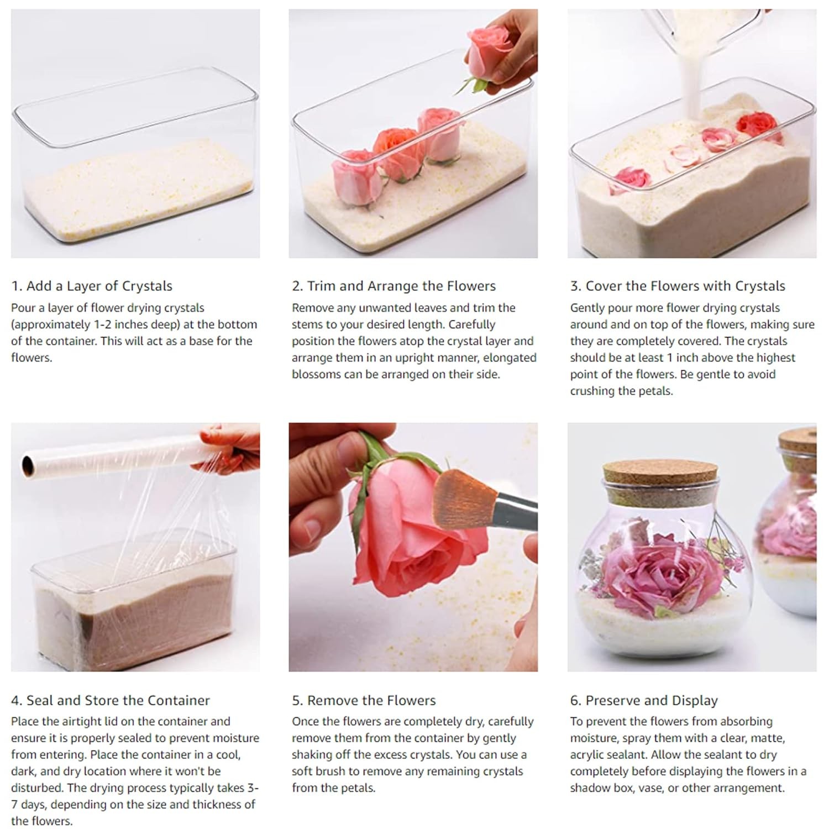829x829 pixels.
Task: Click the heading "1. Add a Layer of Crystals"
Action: [x=92, y=286]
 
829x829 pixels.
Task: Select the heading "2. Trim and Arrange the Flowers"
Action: [x=393, y=286]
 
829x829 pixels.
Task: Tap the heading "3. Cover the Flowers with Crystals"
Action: [x=678, y=286]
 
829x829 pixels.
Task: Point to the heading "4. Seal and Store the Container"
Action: [x=111, y=700]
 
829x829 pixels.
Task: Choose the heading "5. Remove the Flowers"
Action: [x=364, y=700]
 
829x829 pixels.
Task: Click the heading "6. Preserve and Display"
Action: [x=644, y=700]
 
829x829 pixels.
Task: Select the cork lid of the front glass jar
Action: [x=660, y=477]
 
